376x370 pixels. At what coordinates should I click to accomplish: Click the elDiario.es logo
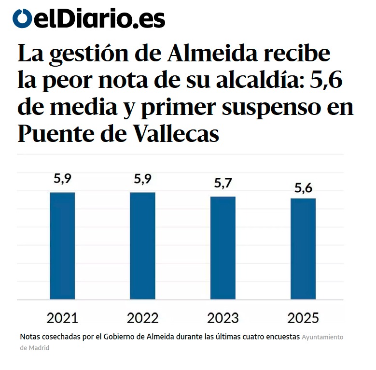tap(89, 19)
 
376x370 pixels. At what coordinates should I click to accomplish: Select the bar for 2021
tap(62, 245)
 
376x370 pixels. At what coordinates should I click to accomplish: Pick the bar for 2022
tap(142, 245)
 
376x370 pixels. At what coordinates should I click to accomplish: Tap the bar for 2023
tap(223, 248)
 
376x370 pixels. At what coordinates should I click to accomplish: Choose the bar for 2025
tap(303, 249)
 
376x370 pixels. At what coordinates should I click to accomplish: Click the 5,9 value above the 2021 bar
tap(62, 179)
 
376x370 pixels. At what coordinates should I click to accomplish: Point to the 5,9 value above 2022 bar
tap(142, 179)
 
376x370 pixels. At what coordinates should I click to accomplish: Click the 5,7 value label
tap(223, 184)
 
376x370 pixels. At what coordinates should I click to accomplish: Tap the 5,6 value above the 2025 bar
tap(303, 187)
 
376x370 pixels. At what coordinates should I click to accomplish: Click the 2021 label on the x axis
tap(62, 318)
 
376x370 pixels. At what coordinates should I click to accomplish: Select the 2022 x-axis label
tap(142, 318)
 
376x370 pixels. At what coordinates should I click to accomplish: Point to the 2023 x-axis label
tap(223, 318)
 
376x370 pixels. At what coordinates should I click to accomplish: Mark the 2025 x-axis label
tap(303, 318)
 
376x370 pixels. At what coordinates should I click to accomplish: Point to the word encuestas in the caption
tap(280, 337)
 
